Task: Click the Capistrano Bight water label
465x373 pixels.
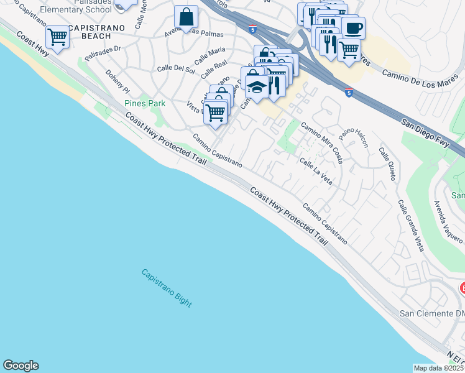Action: tap(166, 287)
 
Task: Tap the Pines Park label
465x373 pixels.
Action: tap(145, 103)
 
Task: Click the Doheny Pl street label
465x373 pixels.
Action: tap(117, 80)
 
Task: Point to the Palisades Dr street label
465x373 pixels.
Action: tap(102, 56)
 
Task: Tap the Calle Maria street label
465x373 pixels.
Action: tap(209, 55)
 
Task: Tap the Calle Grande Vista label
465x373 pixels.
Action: tap(411, 226)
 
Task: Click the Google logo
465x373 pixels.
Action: tap(21, 366)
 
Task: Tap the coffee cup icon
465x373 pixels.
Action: tap(353, 28)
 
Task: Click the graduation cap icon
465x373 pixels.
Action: tap(256, 87)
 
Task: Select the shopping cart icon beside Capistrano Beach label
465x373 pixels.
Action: tap(57, 37)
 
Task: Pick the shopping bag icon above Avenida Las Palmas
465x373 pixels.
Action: tap(186, 17)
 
